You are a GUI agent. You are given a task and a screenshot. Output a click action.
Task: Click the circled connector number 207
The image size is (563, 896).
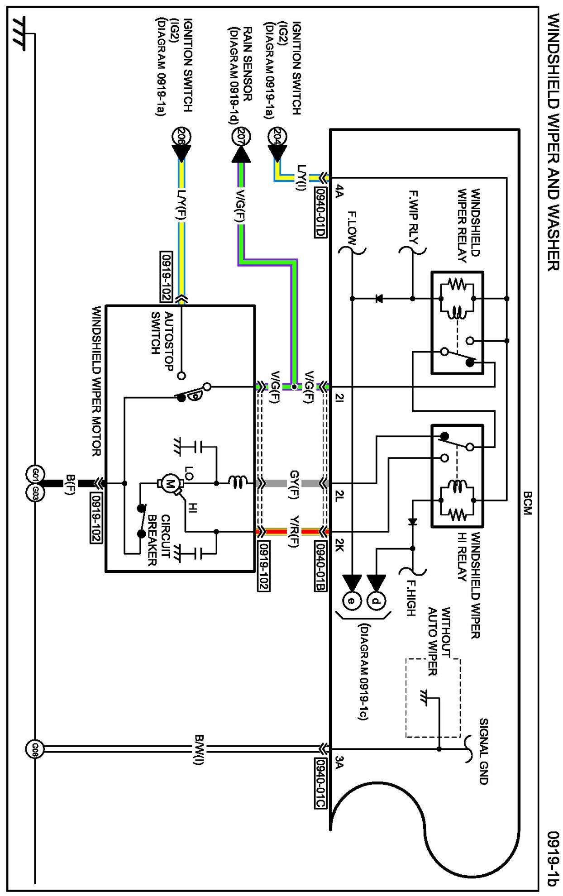click(x=241, y=136)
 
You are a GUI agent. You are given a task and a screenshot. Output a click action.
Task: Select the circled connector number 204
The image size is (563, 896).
click(x=277, y=136)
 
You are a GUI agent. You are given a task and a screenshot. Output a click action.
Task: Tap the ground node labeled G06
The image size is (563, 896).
click(x=35, y=749)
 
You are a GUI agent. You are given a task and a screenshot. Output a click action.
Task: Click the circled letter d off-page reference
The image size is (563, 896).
click(x=376, y=601)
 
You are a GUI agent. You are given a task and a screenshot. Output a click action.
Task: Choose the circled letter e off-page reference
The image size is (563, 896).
click(x=352, y=601)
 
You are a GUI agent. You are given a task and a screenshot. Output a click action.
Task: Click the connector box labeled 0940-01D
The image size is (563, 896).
click(x=320, y=212)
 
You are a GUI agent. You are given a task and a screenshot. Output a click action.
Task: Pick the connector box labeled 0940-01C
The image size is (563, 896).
click(x=320, y=783)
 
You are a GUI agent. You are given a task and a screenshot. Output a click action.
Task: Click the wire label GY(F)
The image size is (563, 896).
click(x=294, y=484)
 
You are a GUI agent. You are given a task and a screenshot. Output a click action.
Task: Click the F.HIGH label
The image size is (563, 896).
click(x=410, y=597)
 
